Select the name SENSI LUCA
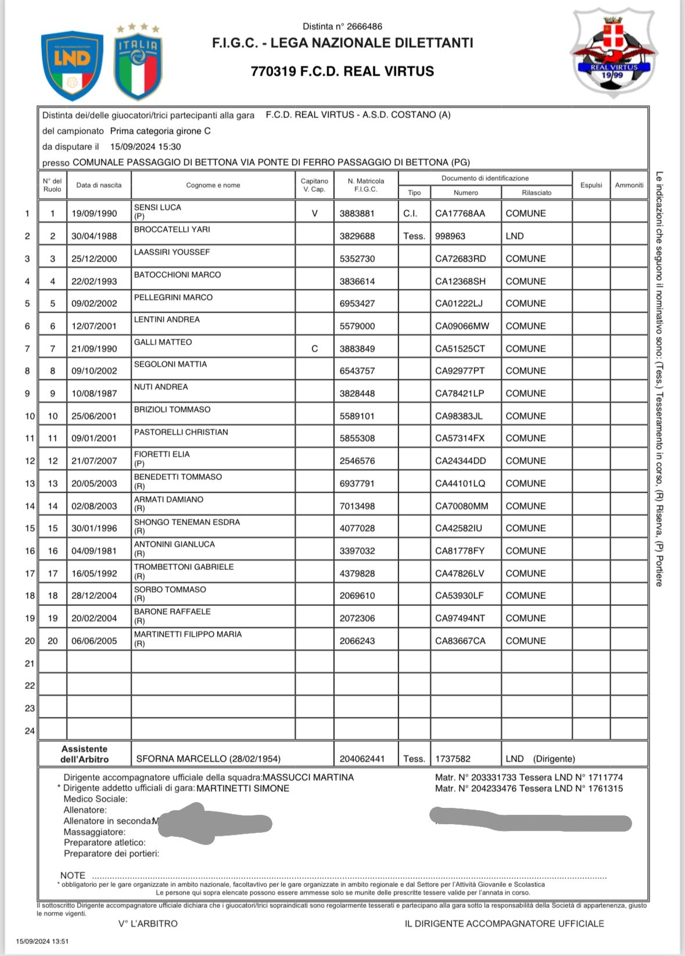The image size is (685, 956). [157, 207]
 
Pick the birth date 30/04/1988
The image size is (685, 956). [94, 236]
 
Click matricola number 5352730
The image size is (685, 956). [357, 258]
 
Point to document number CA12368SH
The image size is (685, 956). [460, 281]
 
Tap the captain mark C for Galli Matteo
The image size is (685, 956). [314, 348]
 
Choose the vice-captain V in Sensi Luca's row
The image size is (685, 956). [314, 213]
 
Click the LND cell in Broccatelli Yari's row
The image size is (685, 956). [515, 236]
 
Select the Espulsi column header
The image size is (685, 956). [591, 185]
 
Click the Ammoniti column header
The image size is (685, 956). [629, 185]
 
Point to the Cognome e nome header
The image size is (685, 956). [213, 185]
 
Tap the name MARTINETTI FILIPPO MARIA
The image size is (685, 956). [188, 634]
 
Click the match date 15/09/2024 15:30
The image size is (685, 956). [145, 147]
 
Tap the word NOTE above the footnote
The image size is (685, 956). [73, 875]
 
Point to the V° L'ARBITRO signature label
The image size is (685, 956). [148, 923]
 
